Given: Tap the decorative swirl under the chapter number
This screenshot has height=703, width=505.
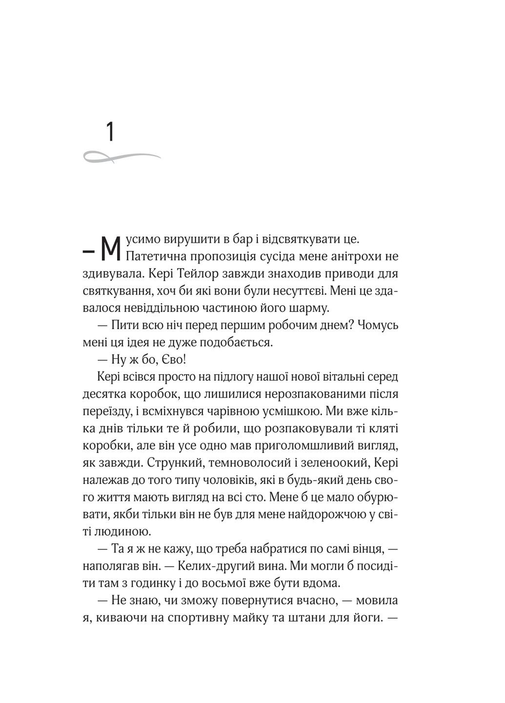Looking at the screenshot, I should [122, 156].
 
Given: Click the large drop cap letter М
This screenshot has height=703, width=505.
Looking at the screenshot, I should [110, 249].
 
